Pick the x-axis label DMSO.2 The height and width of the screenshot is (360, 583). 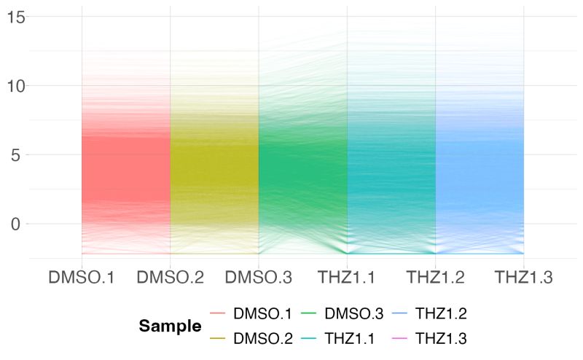coord(170,278)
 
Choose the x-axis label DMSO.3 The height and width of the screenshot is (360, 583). coord(259,278)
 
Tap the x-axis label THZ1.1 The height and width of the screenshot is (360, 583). coord(347,278)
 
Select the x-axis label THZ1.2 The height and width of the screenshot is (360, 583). coord(435,278)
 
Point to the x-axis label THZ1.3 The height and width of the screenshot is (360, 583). coord(523,278)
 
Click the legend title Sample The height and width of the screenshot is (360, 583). coord(171,326)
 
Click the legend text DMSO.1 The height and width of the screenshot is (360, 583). coord(262,314)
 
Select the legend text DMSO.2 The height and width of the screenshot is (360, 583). coord(262,338)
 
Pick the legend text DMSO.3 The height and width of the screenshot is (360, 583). coord(353,314)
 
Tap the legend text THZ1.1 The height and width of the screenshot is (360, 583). coord(353,338)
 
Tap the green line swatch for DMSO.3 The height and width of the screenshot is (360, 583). coord(313,314)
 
